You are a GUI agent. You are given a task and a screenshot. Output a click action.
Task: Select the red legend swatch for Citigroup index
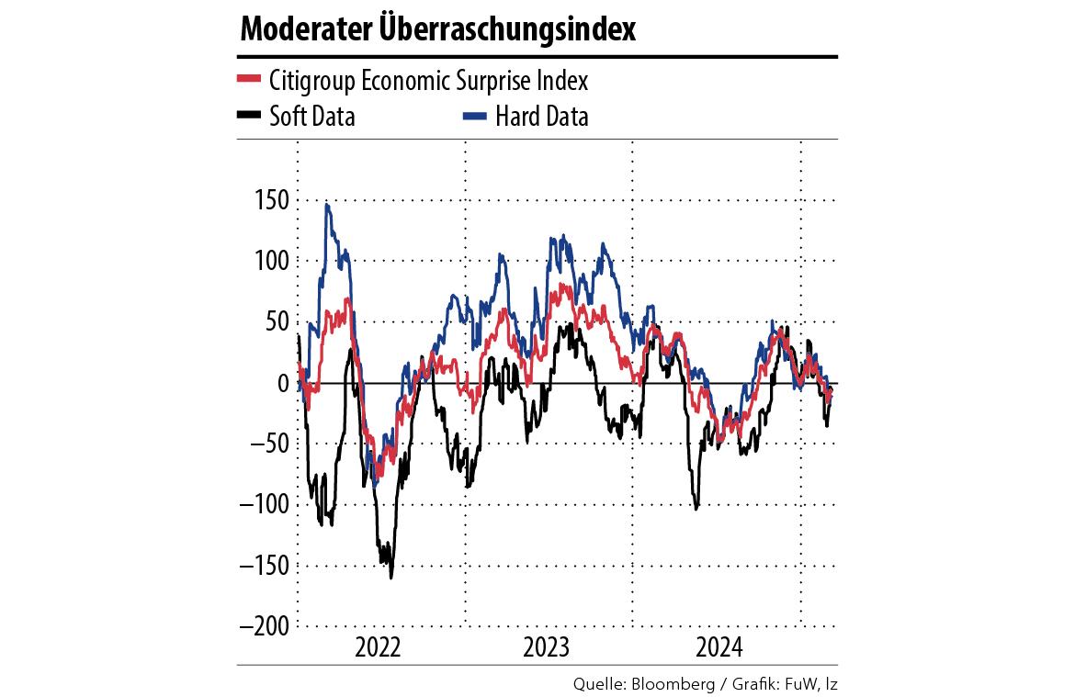pos(249,80)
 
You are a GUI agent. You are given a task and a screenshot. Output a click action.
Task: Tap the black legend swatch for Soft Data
pos(249,116)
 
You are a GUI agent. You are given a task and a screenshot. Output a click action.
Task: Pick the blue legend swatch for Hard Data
pos(473,116)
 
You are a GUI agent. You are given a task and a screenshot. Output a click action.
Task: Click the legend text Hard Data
pos(541,117)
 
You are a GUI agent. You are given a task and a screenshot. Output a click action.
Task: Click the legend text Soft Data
pos(312,117)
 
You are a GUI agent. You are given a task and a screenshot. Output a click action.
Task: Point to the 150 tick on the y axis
pos(269,200)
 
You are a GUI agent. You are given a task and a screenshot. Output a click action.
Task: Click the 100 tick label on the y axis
pos(269,261)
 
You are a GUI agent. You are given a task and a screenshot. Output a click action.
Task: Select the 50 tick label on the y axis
pos(275,321)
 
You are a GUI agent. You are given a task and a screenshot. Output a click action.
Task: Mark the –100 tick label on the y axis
pos(262,504)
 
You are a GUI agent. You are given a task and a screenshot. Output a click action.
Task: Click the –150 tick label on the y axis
pos(262,565)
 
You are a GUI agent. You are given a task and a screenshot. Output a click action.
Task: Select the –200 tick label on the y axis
pos(262,625)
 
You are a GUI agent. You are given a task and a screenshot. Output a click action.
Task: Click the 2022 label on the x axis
pos(379,647)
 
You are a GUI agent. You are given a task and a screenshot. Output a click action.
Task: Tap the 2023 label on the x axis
pos(547,647)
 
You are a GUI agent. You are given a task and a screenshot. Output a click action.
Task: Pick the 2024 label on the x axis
pos(718,647)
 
